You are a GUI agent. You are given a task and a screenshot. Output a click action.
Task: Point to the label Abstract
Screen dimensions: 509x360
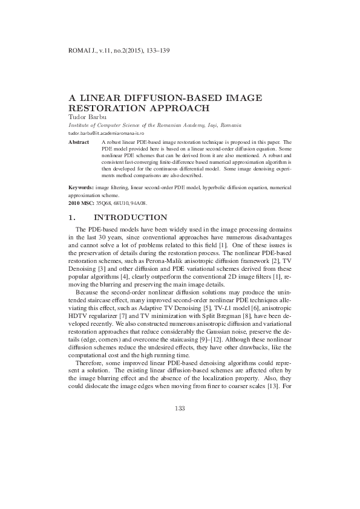[x=78, y=141]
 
